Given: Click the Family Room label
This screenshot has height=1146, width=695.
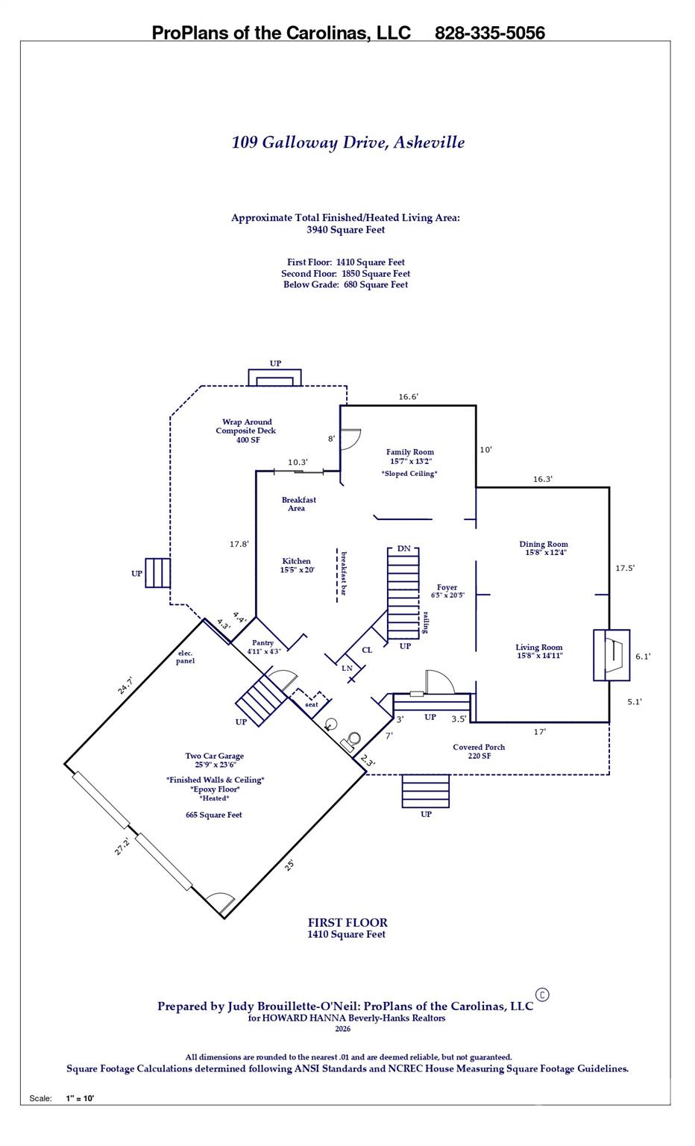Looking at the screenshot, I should coord(409,452).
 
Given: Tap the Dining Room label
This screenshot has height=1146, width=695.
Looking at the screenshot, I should coord(543,545).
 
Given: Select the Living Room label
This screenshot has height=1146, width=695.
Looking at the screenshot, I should coord(539,648).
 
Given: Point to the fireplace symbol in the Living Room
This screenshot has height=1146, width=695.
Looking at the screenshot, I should coord(611,655).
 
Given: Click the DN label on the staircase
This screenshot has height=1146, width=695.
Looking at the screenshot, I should coord(403,549).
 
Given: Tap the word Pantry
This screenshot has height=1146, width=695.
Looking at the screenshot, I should coord(262,642).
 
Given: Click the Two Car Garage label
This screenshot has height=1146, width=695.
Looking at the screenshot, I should coord(215,756).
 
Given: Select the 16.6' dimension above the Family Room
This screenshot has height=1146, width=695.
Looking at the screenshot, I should coord(408,397).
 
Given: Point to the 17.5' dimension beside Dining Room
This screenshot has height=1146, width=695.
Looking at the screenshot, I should coord(625,568).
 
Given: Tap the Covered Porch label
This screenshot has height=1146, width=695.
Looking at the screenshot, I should coord(479,747).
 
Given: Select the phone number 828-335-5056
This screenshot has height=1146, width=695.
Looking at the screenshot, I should coord(489,33).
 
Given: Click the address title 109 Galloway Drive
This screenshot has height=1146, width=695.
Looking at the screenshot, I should coord(347,143).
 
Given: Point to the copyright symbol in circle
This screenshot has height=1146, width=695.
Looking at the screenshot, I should coord(543,995).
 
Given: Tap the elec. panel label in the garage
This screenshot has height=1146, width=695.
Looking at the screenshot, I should coord(185,657).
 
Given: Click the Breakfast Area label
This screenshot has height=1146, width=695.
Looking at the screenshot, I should coord(298,504).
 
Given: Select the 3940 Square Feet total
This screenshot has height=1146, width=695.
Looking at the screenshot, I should coord(345,230).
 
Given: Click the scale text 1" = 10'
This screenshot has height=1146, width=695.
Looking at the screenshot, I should coord(80,1098).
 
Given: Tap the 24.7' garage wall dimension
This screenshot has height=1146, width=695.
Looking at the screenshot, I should coord(125,685).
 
